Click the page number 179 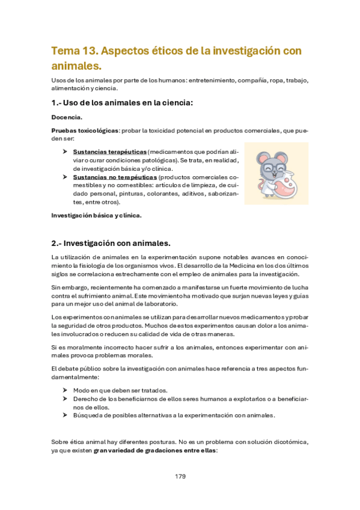pyautogui.click(x=180, y=476)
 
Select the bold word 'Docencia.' pyautogui.click(x=67, y=117)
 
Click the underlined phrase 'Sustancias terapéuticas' pyautogui.click(x=109, y=152)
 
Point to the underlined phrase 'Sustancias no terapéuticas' pyautogui.click(x=115, y=177)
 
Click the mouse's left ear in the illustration pyautogui.click(x=263, y=158)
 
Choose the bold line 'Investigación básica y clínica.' pyautogui.click(x=97, y=215)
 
